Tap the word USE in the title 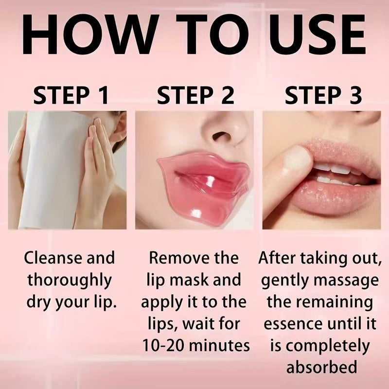[317, 34]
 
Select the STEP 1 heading [71, 95]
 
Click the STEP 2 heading [196, 95]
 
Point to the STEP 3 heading [323, 95]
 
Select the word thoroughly [69, 281]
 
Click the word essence [293, 324]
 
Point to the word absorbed [322, 367]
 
